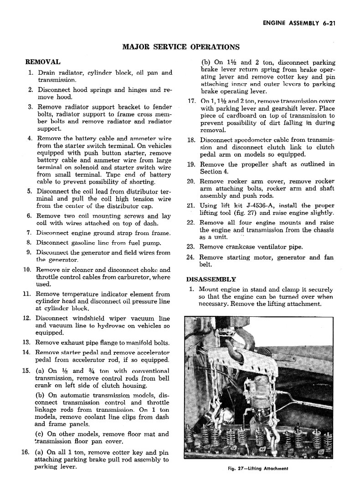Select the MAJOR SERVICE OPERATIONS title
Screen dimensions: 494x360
click(x=181, y=46)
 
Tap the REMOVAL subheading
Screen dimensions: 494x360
click(x=43, y=61)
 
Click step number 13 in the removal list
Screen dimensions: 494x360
click(x=26, y=342)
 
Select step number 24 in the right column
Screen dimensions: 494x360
click(x=191, y=257)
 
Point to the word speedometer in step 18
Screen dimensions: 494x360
click(x=251, y=140)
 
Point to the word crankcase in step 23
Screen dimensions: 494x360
click(x=245, y=247)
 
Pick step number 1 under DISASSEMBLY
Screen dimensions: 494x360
click(x=191, y=289)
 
